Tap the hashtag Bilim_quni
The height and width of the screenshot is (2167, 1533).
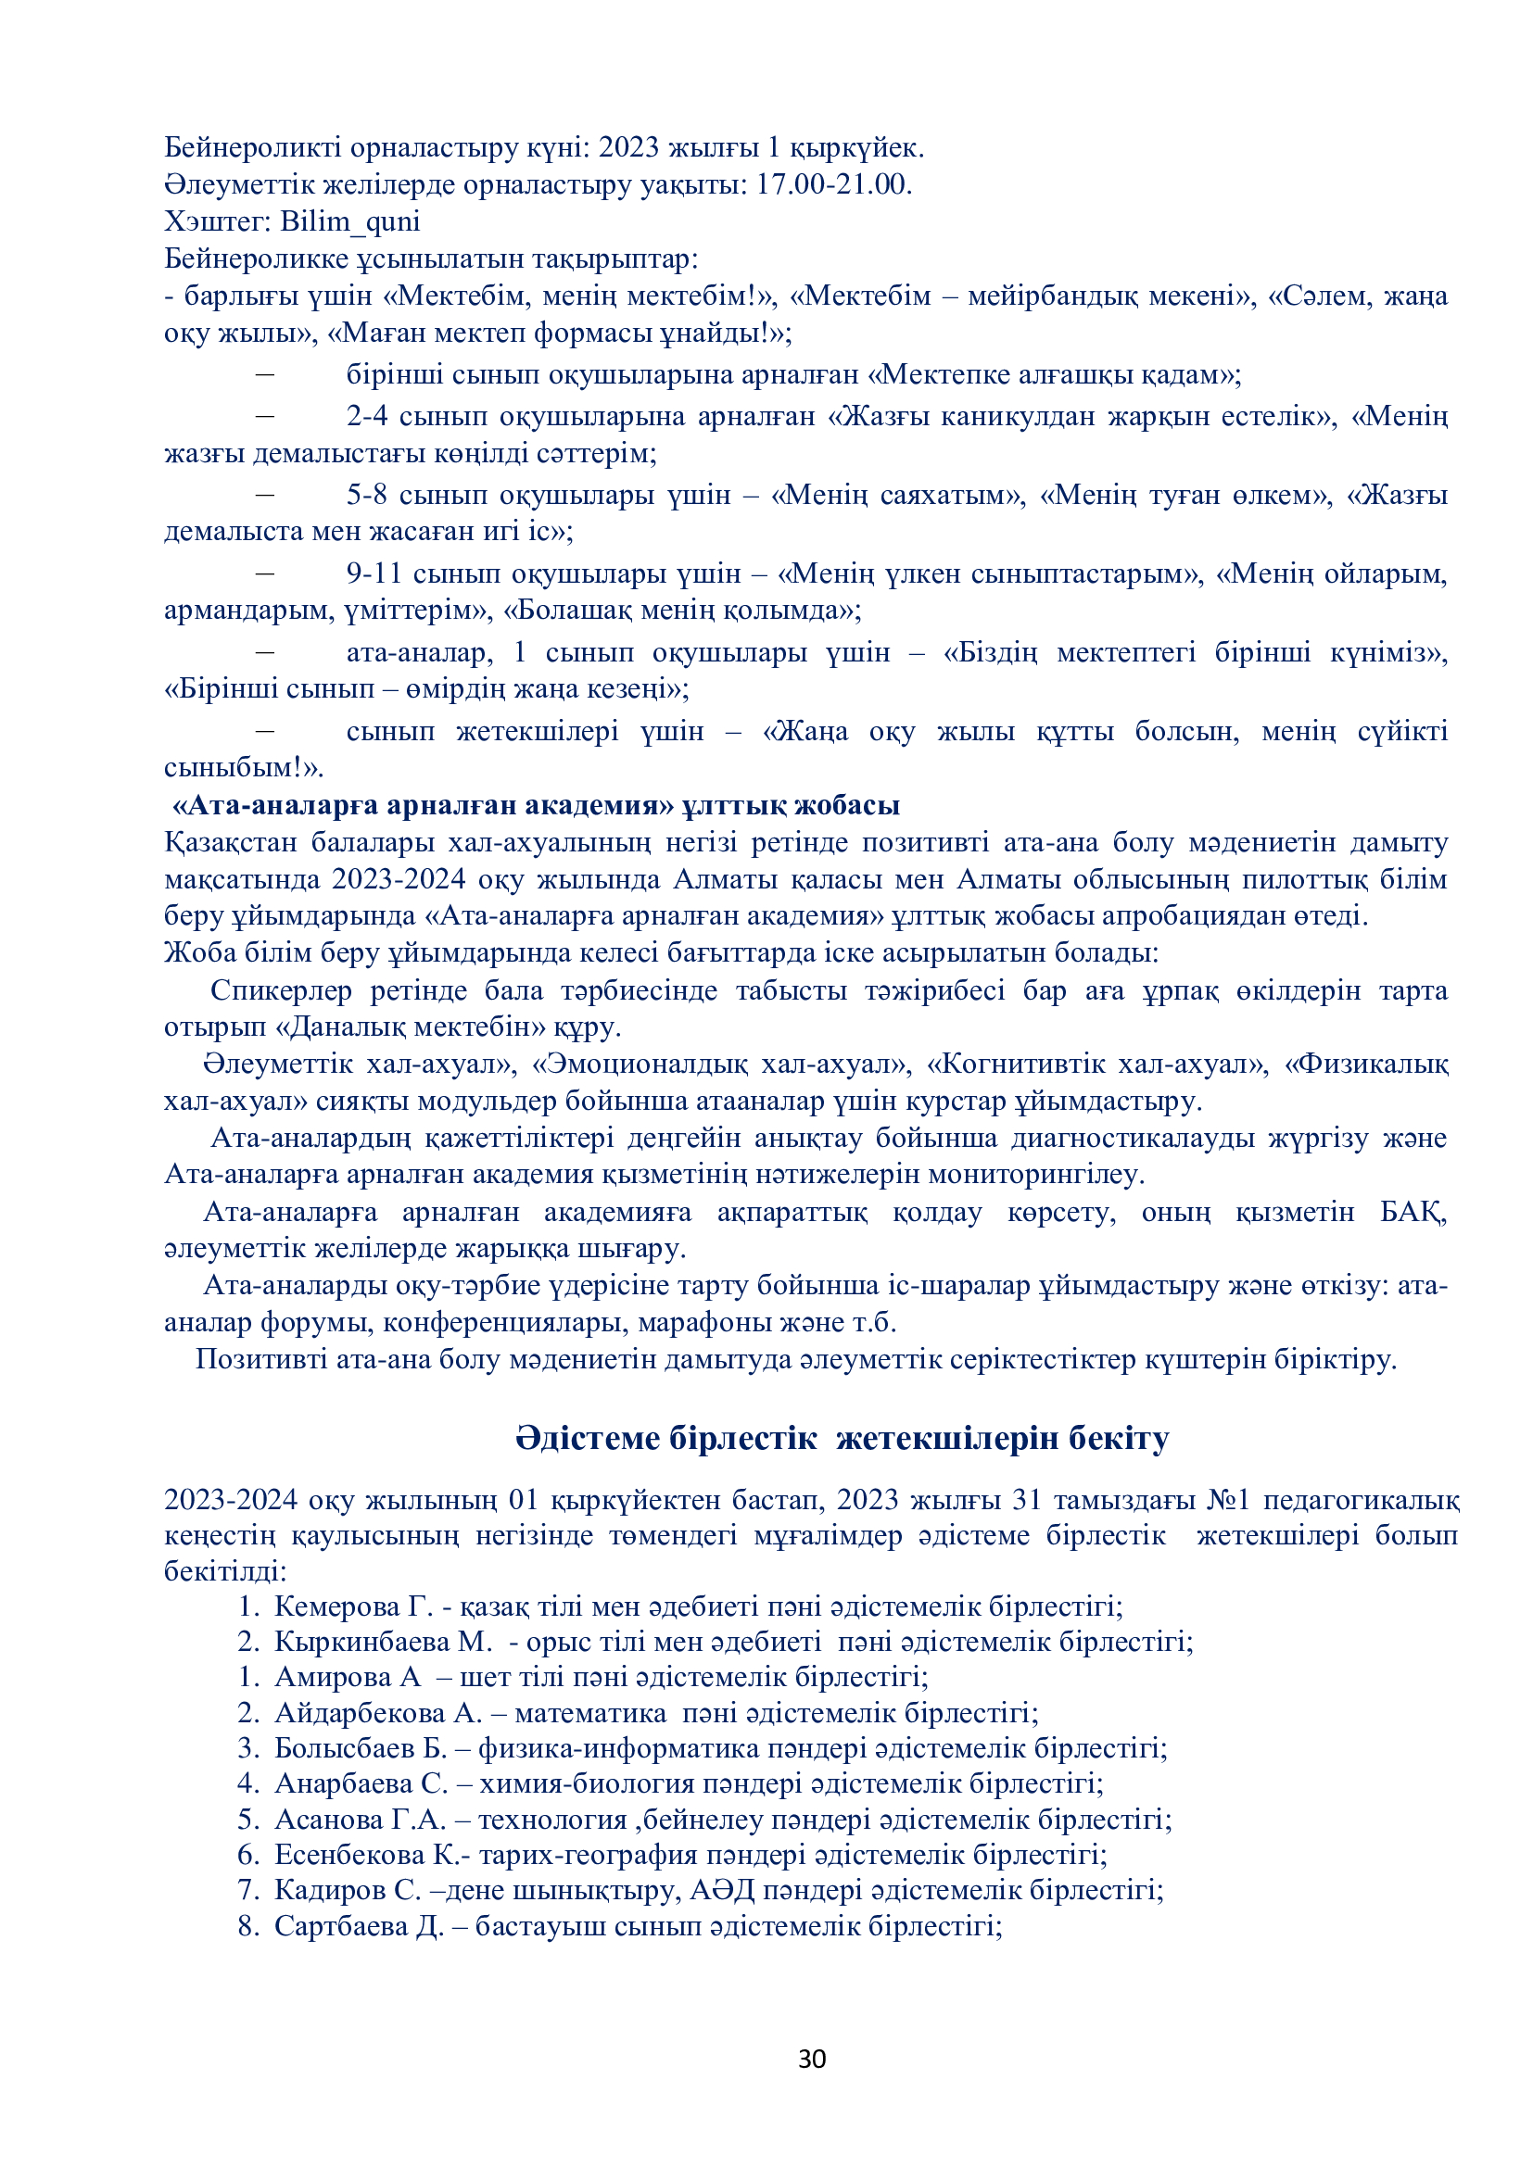pos(349,221)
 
